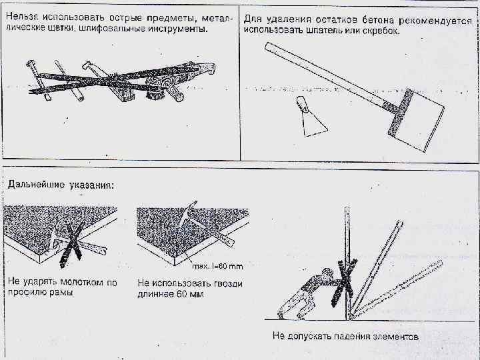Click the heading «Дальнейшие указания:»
pyautogui.click(x=61, y=184)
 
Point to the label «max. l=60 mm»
pyautogui.click(x=219, y=267)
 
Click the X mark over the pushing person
pyautogui.click(x=347, y=283)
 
